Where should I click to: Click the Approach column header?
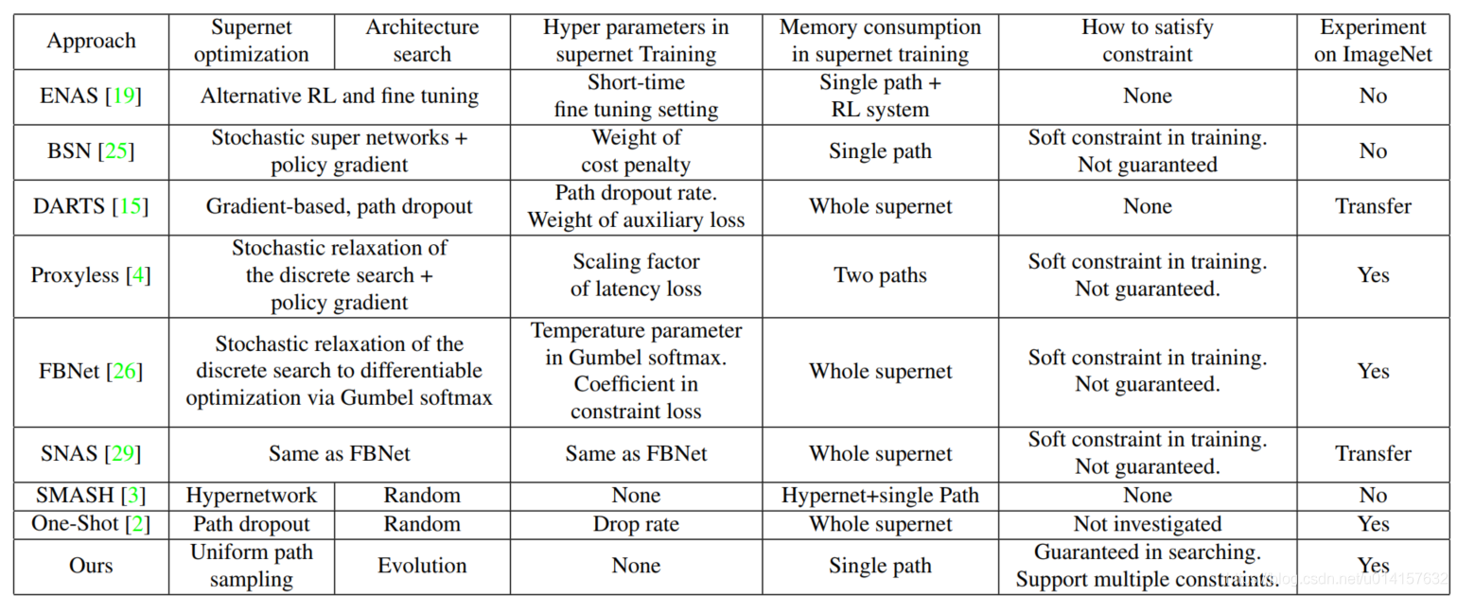(91, 41)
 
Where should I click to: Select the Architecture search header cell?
(422, 41)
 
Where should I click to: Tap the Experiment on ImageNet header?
(1373, 41)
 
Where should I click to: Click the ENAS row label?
(91, 96)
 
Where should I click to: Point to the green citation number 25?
(115, 151)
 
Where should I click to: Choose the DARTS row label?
(91, 206)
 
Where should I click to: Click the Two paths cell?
(880, 275)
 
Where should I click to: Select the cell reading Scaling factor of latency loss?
(636, 274)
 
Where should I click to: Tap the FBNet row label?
(91, 371)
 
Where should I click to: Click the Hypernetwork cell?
(251, 495)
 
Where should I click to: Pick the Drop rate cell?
(636, 524)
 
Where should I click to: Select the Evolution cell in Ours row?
(422, 566)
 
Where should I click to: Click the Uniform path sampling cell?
(251, 566)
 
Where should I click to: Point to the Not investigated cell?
(1148, 524)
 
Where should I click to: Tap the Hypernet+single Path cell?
(880, 495)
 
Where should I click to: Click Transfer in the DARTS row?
(1373, 206)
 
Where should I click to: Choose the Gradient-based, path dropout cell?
(339, 206)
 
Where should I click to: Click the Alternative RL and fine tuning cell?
(339, 96)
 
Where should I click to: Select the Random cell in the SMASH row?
(422, 495)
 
